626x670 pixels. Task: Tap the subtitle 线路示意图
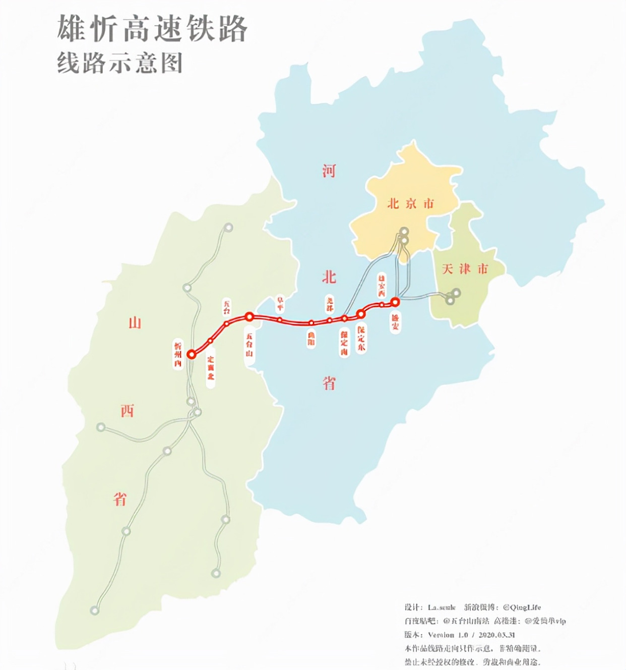click(x=119, y=64)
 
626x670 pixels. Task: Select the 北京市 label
click(x=410, y=204)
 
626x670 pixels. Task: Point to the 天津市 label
click(x=465, y=269)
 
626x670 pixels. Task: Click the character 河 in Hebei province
click(x=329, y=171)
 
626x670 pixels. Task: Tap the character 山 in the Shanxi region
click(x=135, y=323)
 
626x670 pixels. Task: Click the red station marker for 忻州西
click(x=191, y=354)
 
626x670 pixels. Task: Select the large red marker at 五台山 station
click(x=249, y=317)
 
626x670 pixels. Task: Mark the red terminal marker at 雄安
click(x=396, y=302)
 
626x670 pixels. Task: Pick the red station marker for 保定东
click(x=361, y=314)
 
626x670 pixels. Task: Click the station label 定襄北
click(x=210, y=367)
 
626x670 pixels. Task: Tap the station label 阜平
click(x=280, y=304)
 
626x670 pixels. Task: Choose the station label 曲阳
click(x=311, y=338)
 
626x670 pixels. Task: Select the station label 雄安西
click(x=382, y=285)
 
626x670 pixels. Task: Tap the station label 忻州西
click(x=177, y=354)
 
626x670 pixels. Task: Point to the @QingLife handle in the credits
click(x=522, y=607)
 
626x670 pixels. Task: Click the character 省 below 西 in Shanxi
click(x=119, y=499)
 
